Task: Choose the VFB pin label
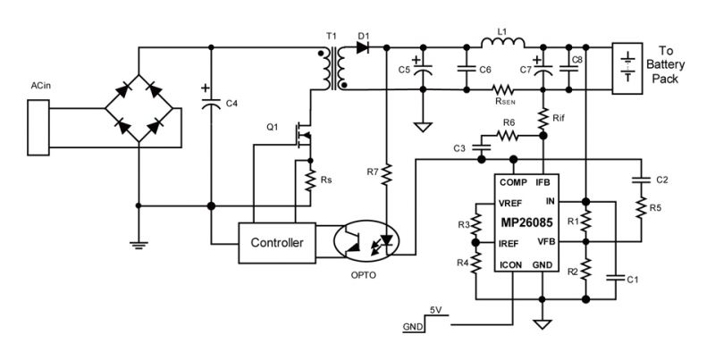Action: pos(548,241)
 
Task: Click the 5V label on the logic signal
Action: pos(436,310)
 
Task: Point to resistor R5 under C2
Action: pos(642,208)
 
